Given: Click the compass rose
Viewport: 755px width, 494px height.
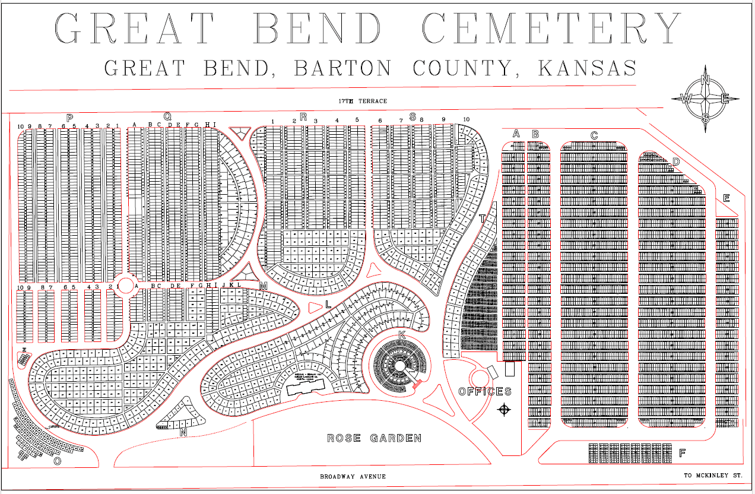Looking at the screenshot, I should coord(705,99).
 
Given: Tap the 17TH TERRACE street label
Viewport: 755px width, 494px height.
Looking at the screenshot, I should coord(363,101).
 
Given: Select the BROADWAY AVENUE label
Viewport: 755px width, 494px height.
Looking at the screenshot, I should coord(353,477).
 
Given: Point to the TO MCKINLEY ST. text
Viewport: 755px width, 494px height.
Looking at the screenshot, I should coord(713,476).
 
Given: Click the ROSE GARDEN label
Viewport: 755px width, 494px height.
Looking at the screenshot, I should coord(375,438).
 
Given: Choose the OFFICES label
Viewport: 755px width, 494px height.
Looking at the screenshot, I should coord(485,391).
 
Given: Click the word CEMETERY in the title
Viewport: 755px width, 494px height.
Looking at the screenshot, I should coord(552,28).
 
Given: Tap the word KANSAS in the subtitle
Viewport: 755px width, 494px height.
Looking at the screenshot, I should coord(587,68).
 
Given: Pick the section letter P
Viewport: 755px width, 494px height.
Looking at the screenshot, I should coord(69,118).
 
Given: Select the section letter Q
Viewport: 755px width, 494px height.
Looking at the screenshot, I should coord(167,116).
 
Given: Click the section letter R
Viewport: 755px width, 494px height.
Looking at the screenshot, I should coord(303,116).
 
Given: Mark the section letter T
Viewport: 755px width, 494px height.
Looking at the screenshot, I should coord(482,218).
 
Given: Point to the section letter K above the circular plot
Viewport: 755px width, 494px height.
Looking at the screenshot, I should coord(402,335).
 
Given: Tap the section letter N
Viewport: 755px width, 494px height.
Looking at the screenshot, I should coord(183,432).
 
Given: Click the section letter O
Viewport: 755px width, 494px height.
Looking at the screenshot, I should coord(57,461).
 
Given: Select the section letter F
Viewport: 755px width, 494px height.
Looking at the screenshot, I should coord(683,453).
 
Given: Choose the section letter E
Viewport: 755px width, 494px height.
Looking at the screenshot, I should coord(726,198).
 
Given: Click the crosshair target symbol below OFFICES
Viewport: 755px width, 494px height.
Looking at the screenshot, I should coord(505,409).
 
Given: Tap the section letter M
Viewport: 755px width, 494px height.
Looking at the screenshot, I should coord(264,286).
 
